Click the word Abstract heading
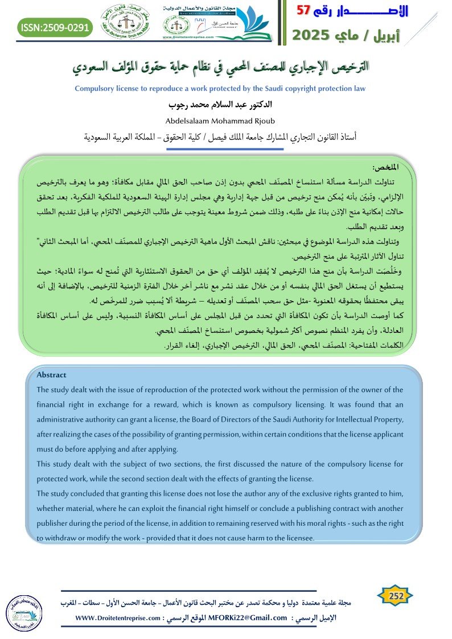pyautogui.click(x=51, y=374)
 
